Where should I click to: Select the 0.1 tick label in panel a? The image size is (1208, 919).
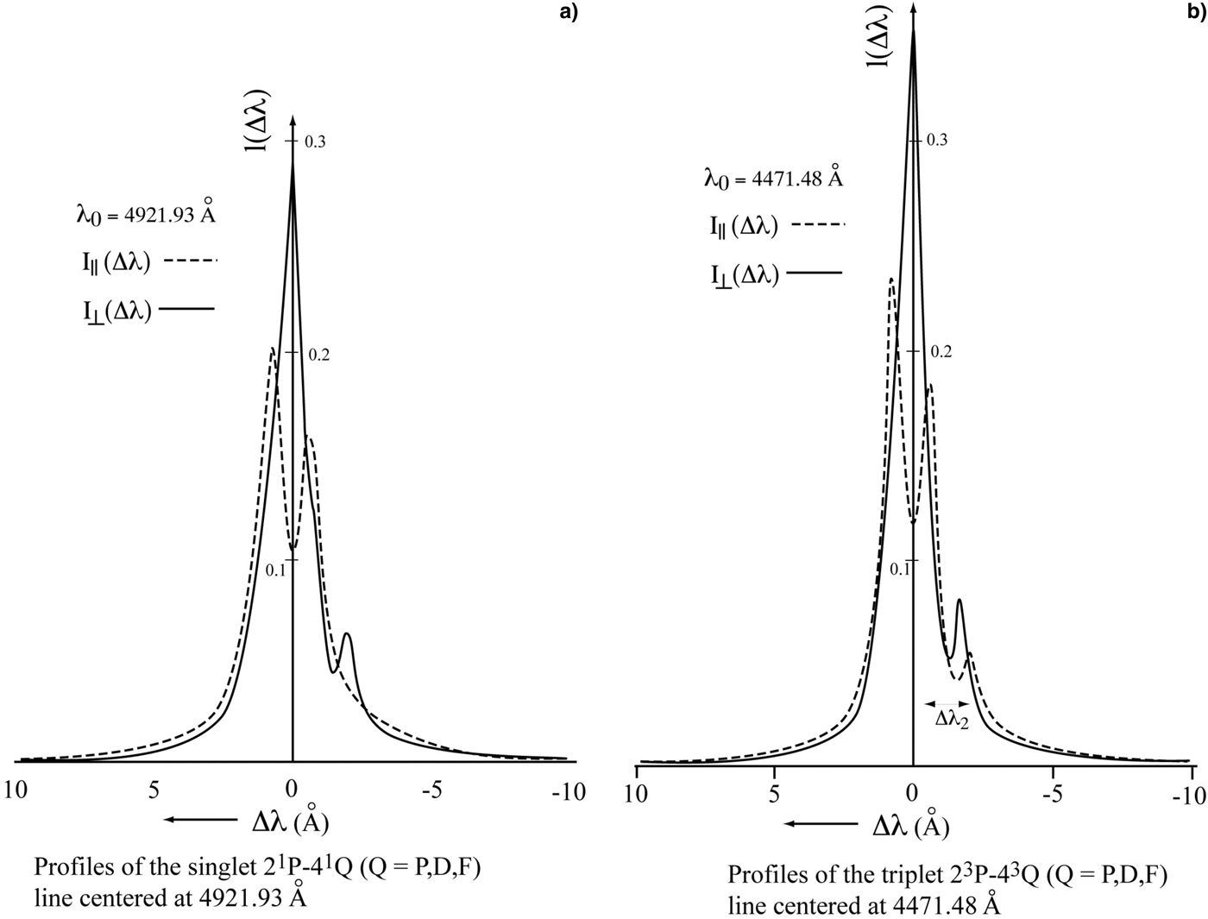(276, 570)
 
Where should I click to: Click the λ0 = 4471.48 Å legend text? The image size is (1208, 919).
(773, 179)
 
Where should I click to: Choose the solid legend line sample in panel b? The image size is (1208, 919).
(815, 273)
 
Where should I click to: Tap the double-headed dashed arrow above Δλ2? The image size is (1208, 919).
(947, 703)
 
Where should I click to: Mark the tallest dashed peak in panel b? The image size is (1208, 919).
(890, 280)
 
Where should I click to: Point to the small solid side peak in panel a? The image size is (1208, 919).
(347, 635)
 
